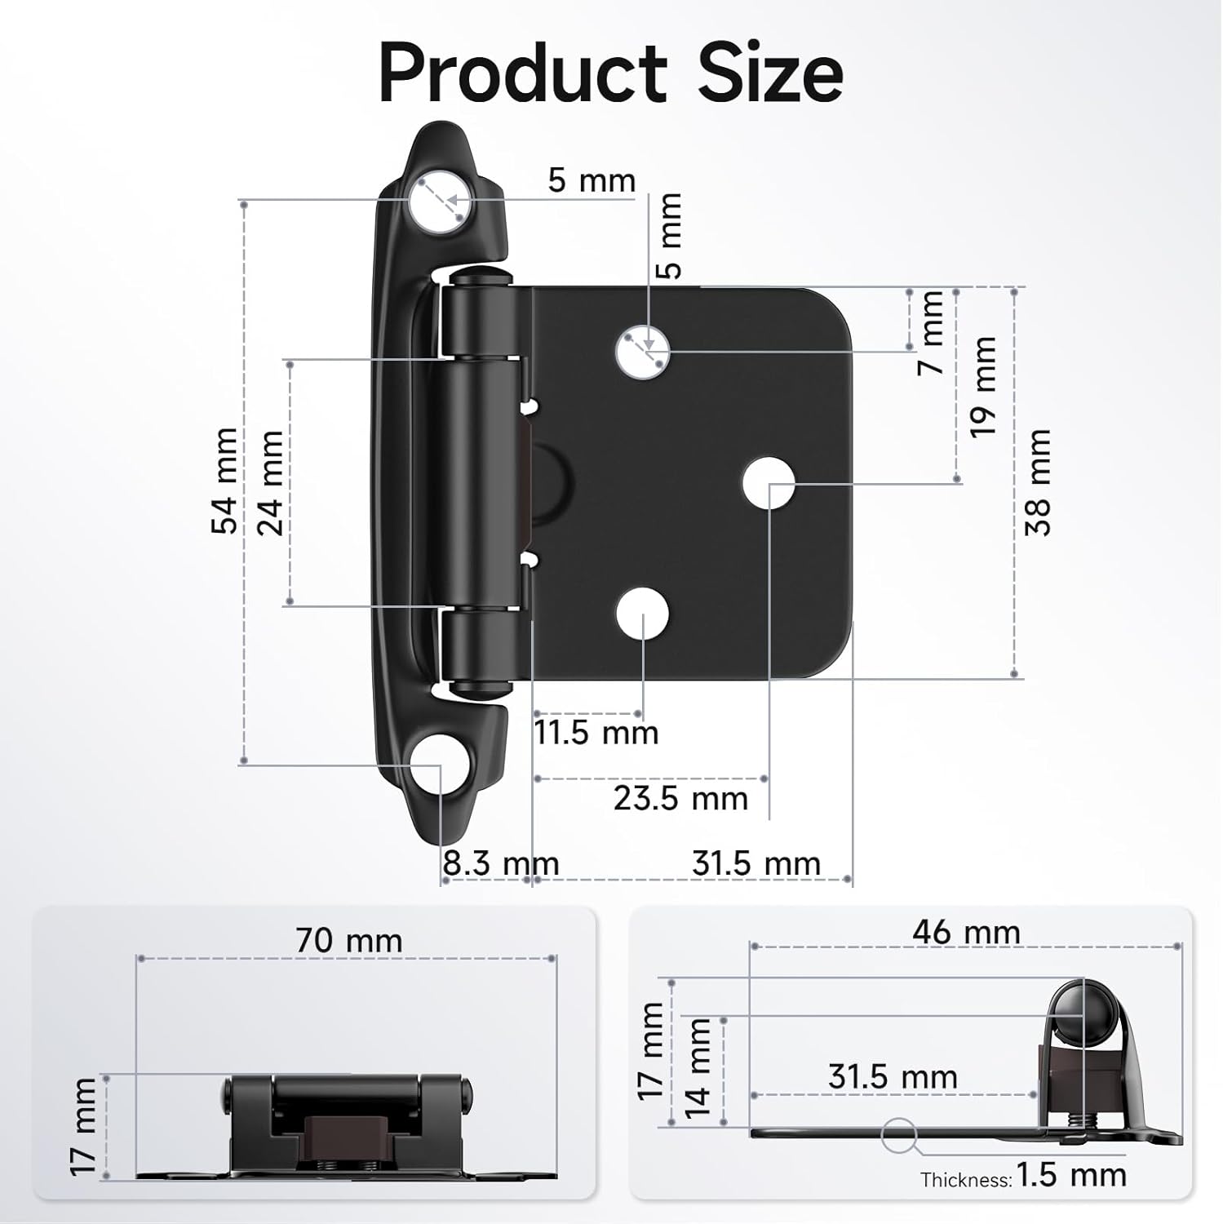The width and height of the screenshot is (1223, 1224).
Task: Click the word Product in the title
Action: pos(522,73)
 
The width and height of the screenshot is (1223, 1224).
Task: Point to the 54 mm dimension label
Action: pos(225,481)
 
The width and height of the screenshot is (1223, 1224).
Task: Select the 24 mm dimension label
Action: pos(271,483)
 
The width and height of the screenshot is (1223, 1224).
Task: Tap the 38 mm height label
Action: pos(1039,482)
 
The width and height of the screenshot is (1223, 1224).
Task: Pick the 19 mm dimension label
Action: pos(983,387)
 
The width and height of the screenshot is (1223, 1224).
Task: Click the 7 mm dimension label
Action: pos(931,333)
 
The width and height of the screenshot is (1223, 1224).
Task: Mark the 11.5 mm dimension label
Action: pos(596,733)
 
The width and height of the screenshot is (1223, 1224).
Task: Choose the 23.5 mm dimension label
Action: pos(680,798)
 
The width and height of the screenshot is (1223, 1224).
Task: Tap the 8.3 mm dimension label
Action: pos(500,863)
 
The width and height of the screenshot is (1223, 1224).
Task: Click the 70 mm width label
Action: pos(349,941)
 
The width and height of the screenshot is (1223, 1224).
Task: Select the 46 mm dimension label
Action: pos(966,932)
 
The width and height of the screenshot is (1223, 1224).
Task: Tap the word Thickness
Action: pos(966,1179)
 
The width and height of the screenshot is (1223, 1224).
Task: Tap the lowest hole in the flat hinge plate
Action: pos(642,616)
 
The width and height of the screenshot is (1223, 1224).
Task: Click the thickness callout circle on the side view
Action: pos(899,1133)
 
